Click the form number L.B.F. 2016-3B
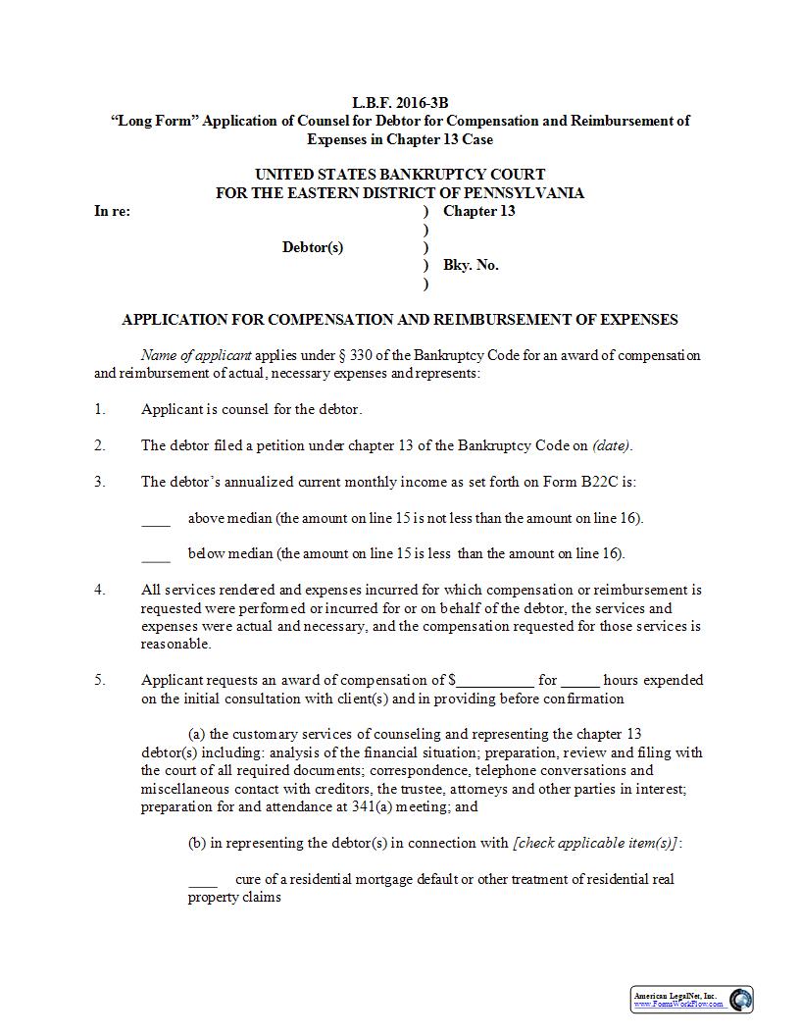399,102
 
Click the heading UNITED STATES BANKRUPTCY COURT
400,175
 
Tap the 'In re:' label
112,211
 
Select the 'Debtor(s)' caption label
313,247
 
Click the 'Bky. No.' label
471,265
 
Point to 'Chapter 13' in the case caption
478,211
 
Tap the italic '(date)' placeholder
612,445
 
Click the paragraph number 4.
100,590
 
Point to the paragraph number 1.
100,409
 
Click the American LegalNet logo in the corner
691,1000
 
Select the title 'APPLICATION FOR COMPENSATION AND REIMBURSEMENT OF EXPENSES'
399,320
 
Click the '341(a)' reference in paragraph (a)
359,807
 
